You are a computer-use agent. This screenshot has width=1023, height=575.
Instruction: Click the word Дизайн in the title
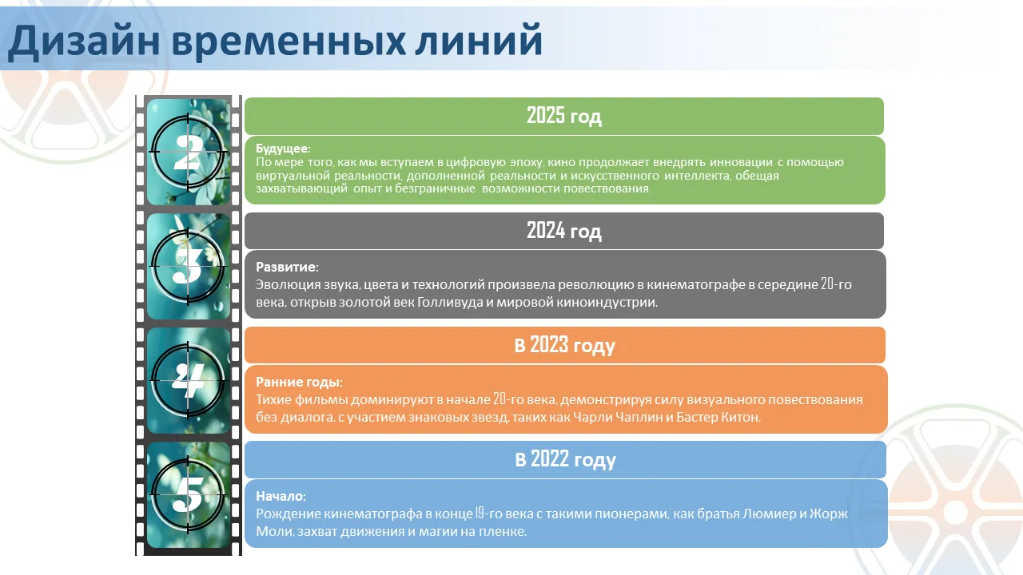84,41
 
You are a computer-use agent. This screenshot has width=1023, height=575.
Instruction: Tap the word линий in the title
478,40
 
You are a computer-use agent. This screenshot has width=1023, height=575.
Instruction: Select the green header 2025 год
564,116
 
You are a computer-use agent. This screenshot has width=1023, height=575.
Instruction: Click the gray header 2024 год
564,231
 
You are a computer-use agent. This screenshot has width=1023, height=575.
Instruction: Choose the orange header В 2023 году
565,346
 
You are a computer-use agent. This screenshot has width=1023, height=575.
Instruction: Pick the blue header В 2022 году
565,459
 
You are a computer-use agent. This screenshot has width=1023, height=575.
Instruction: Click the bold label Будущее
283,149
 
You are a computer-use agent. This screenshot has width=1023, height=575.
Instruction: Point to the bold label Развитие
287,267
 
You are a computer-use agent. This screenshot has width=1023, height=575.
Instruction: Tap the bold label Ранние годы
299,382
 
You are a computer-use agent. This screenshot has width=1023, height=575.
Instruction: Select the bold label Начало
281,496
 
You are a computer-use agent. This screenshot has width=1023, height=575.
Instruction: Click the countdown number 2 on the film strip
188,153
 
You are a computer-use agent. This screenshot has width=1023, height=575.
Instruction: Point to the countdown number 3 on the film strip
187,266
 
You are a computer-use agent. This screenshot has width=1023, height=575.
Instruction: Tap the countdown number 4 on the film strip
188,380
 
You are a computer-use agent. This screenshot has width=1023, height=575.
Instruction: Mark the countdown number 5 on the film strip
188,494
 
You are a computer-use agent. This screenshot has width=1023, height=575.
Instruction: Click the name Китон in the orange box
740,417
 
